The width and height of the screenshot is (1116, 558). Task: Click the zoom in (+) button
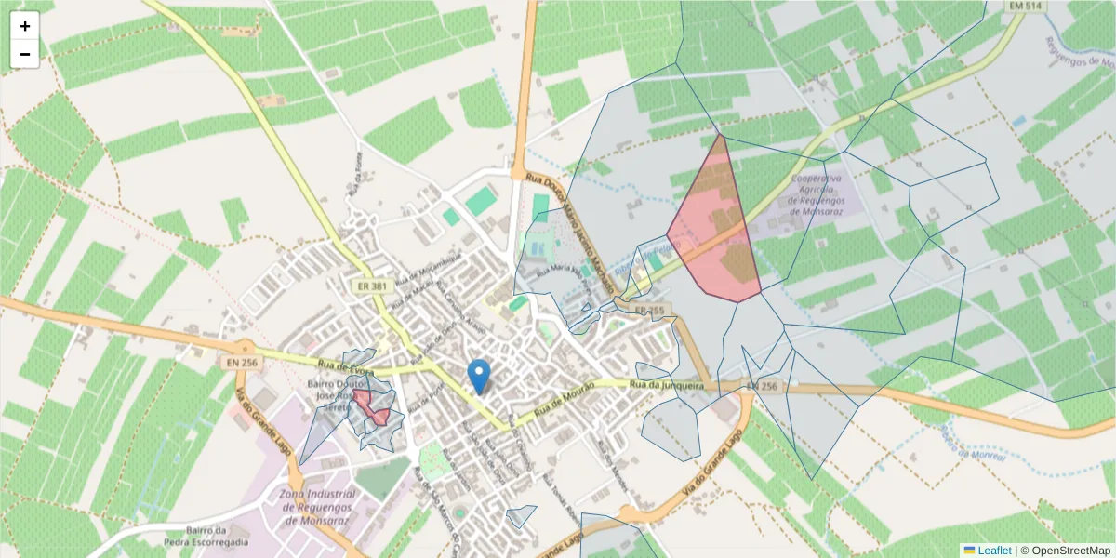[x=25, y=26]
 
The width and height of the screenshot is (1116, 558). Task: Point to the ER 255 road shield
[x=649, y=310]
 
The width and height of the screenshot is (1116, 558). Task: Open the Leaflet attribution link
[x=994, y=551]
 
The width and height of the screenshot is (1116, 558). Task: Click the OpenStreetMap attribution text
[x=1066, y=551]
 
